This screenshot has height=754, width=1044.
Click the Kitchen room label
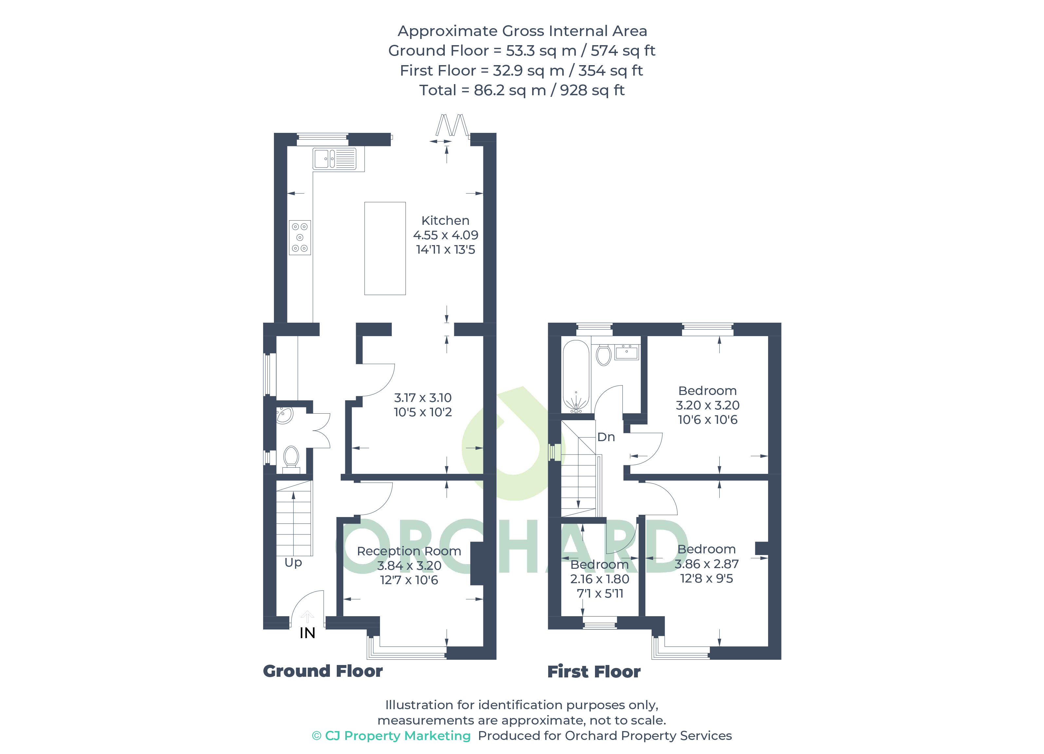click(x=445, y=221)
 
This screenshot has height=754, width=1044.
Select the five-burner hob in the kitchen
click(x=300, y=238)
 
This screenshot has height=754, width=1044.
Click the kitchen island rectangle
click(x=385, y=248)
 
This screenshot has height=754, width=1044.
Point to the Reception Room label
click(x=409, y=551)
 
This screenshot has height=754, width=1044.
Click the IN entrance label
click(x=307, y=633)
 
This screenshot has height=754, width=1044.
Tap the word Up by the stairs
click(x=293, y=563)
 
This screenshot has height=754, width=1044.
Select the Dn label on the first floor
click(x=606, y=437)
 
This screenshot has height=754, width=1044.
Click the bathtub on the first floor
click(x=576, y=376)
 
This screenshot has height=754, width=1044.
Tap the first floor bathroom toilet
click(x=603, y=355)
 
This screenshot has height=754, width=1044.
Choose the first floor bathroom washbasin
click(x=626, y=352)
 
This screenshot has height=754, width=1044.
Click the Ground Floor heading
click(x=323, y=671)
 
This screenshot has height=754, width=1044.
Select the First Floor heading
click(x=594, y=672)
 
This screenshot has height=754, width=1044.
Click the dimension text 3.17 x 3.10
click(x=423, y=398)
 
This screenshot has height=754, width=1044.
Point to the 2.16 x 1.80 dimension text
click(x=599, y=579)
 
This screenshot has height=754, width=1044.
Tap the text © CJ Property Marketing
click(x=391, y=736)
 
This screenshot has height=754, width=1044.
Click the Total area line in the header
click(x=522, y=90)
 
